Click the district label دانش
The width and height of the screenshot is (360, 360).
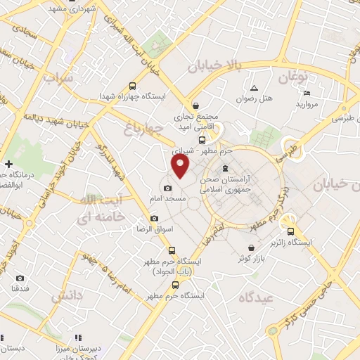(67, 296)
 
